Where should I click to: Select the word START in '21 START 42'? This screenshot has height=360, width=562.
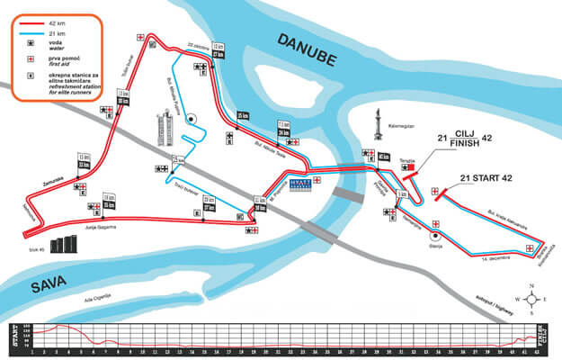click(x=485, y=178)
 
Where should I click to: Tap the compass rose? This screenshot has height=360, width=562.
click(x=532, y=297)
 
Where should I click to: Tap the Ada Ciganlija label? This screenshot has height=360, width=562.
click(x=97, y=295)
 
